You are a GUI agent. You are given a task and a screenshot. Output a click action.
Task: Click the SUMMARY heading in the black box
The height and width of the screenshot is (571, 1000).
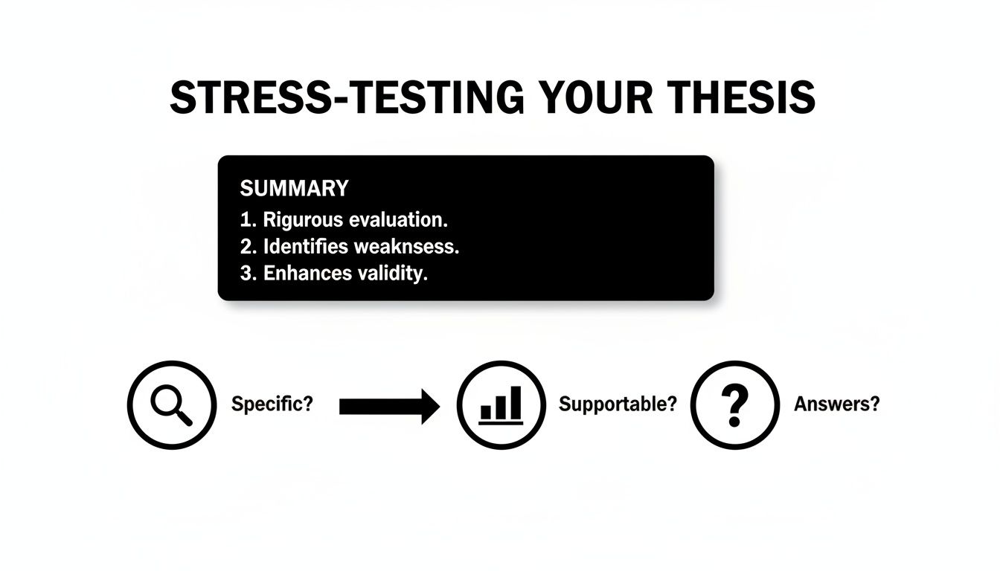pyautogui.click(x=294, y=188)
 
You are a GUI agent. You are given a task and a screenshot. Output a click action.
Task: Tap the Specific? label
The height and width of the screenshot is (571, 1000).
pyautogui.click(x=272, y=404)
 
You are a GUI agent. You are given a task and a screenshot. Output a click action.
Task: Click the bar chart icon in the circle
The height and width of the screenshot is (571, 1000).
pyautogui.click(x=501, y=406)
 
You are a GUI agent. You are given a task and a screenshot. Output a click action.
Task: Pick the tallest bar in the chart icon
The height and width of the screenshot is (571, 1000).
pyautogui.click(x=516, y=402)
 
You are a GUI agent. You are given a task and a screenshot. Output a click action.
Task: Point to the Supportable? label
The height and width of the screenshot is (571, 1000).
pyautogui.click(x=618, y=404)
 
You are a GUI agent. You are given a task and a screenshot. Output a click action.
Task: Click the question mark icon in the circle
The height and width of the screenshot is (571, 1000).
pyautogui.click(x=735, y=406)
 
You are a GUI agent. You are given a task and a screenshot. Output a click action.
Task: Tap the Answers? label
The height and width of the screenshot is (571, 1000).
pyautogui.click(x=837, y=404)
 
